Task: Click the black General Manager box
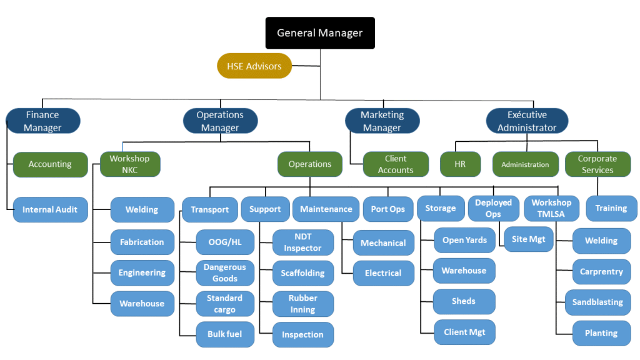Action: coord(319,32)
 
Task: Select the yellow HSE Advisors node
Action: coord(254,66)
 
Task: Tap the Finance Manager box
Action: coord(43,121)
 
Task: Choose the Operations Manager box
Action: coord(220,121)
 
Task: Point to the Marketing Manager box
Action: coord(382,121)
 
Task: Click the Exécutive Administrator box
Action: coord(527,121)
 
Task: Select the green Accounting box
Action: coord(50,164)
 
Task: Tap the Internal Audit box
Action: coord(50,209)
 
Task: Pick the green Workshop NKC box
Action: coord(129,164)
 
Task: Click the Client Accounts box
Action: coord(396,164)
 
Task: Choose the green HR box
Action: coord(461,164)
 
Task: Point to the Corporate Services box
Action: coord(597,164)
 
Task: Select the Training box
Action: coord(611,208)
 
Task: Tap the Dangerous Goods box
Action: coord(225,272)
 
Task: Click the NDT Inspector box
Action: coord(302,242)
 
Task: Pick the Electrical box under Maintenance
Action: coord(383,273)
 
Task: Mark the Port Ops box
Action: coord(388,209)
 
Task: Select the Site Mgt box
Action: coord(528,239)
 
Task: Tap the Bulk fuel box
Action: coord(225,334)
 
